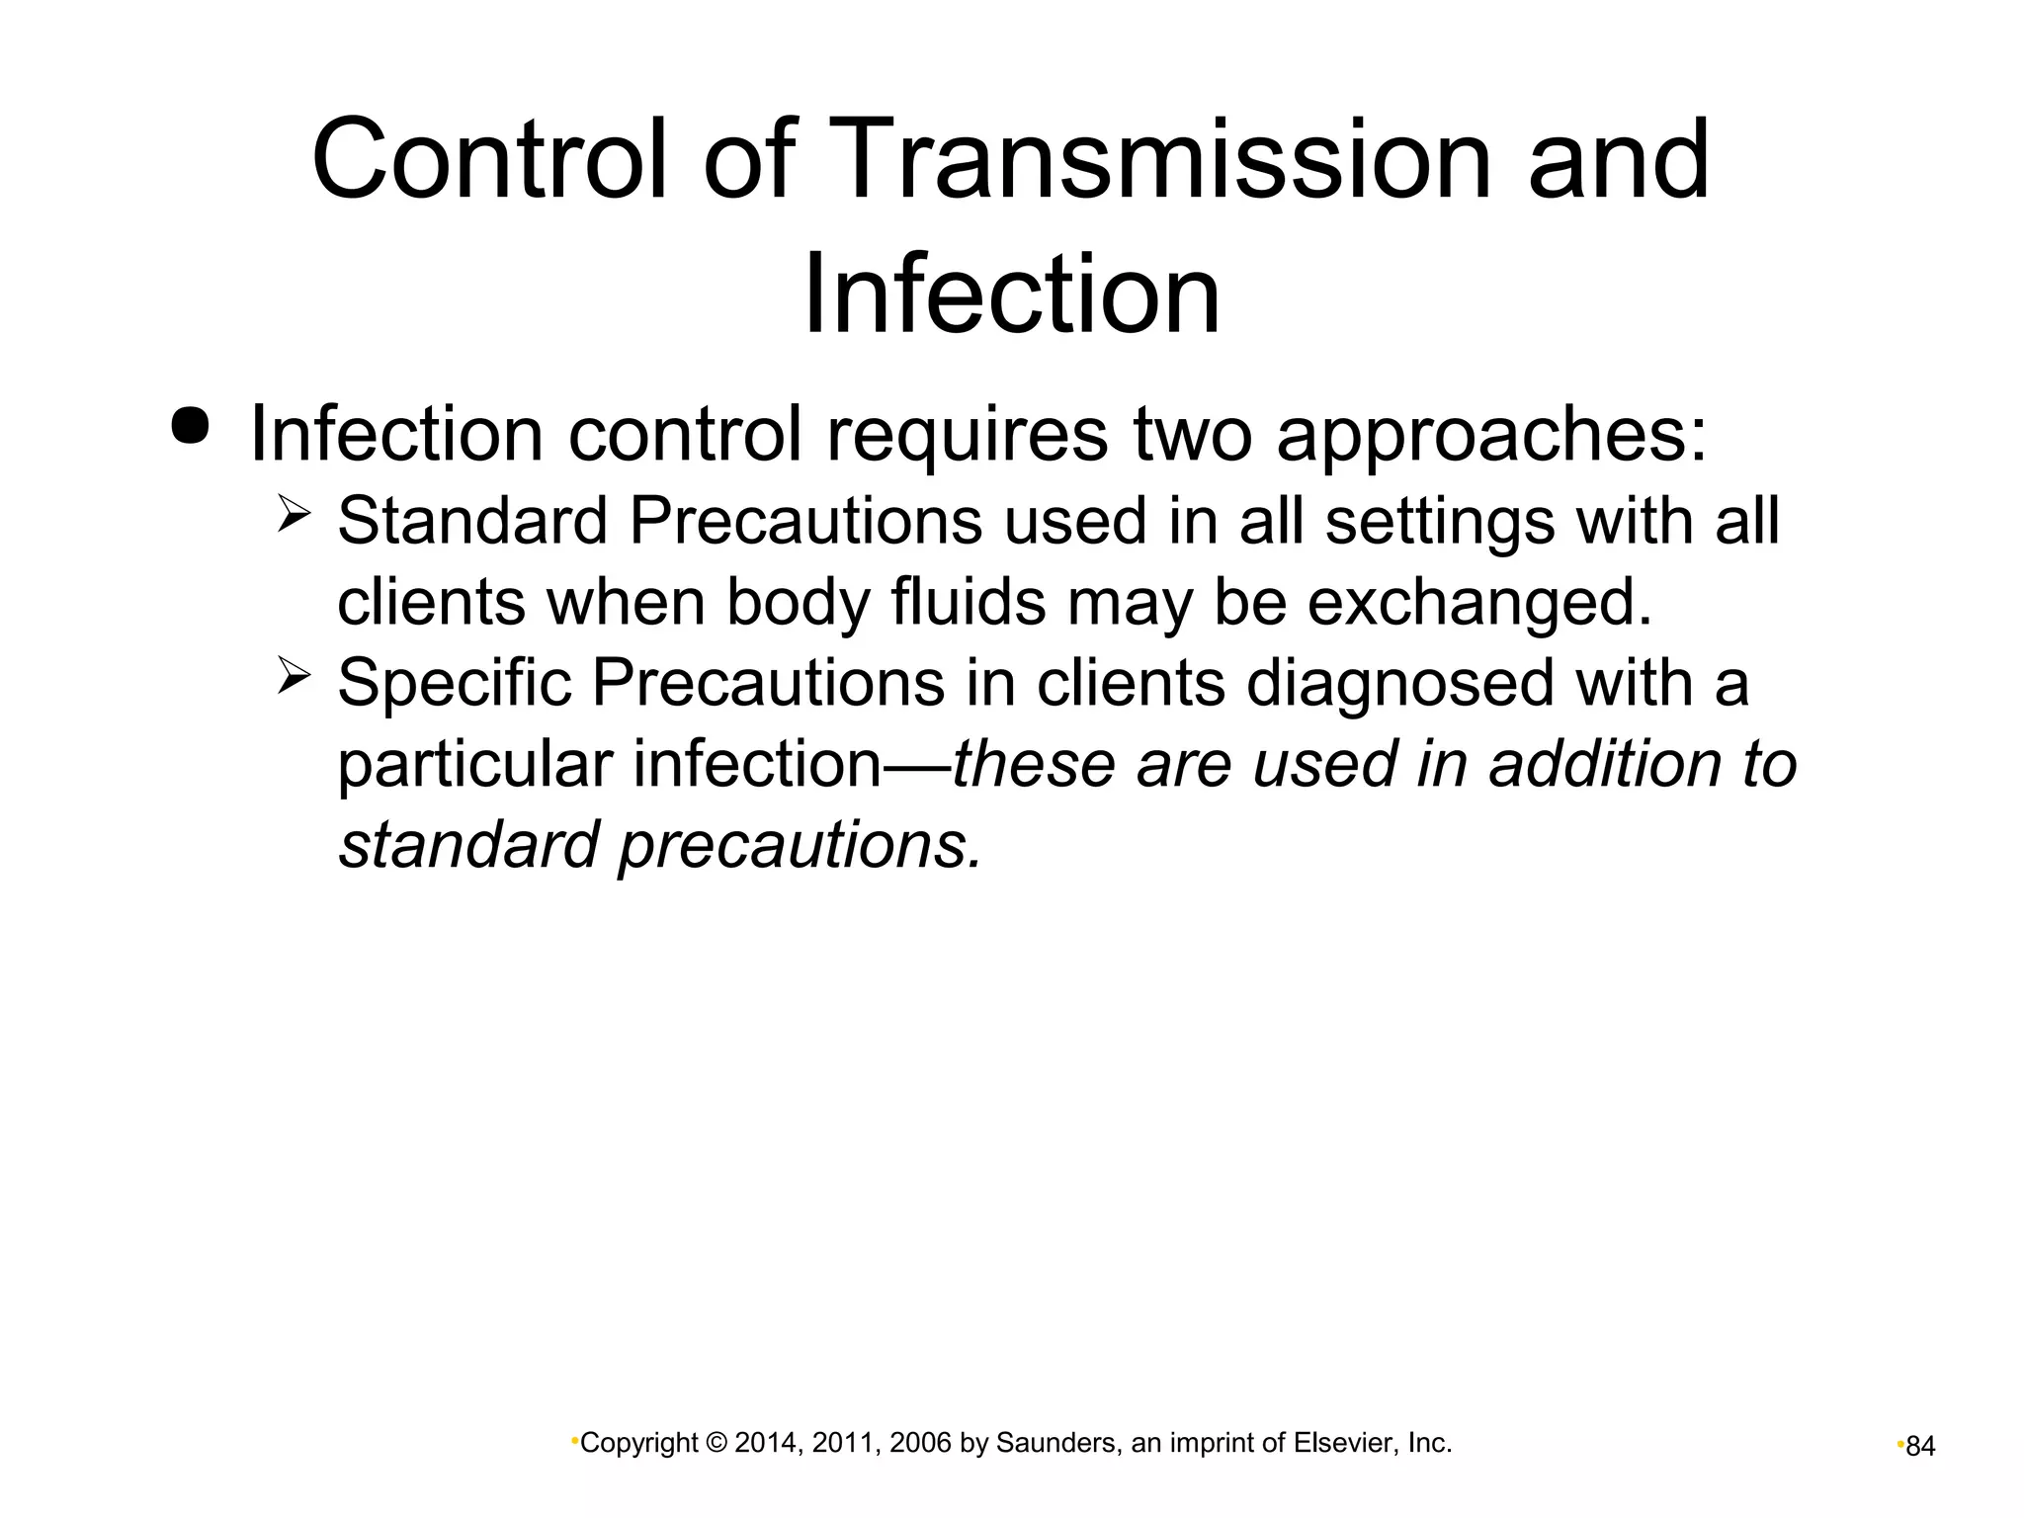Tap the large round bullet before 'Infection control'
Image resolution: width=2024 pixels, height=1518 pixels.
click(x=190, y=426)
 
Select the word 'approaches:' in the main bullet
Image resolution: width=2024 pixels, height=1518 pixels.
click(x=1492, y=435)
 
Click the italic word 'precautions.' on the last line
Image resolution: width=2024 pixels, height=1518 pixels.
click(x=801, y=846)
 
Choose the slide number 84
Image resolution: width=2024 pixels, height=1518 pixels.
click(x=1920, y=1447)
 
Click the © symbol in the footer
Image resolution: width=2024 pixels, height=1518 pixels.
click(x=718, y=1444)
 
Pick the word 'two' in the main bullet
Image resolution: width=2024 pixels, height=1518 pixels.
click(x=1192, y=435)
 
